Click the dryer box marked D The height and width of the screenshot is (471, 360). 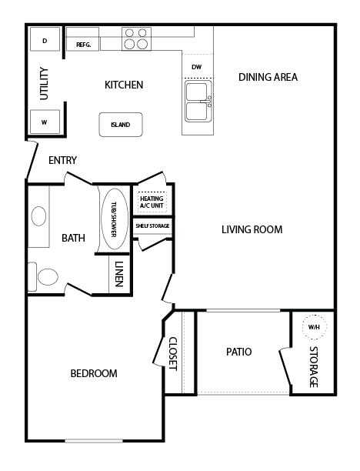tap(45, 39)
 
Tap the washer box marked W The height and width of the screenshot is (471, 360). tap(45, 122)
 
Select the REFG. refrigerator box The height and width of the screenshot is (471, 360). tap(82, 39)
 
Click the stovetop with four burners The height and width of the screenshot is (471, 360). tap(136, 38)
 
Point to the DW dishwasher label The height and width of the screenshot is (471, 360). tap(197, 67)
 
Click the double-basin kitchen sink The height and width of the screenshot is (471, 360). tap(198, 102)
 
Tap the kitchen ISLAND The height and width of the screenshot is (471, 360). tap(121, 125)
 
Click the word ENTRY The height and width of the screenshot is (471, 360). tap(62, 160)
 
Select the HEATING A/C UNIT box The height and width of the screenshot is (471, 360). tap(152, 202)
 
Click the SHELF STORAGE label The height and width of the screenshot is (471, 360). tap(152, 226)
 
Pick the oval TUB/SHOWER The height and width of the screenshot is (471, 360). tap(114, 219)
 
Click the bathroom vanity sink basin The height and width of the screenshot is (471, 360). tap(38, 216)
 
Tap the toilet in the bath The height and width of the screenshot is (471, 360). tap(43, 276)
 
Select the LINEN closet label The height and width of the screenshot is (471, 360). tap(119, 274)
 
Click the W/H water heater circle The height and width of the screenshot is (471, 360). tap(314, 327)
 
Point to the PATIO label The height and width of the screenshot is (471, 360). tap(239, 352)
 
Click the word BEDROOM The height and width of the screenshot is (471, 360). tap(94, 373)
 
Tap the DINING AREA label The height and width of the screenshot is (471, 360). tap(268, 77)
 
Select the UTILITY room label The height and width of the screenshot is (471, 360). tap(44, 84)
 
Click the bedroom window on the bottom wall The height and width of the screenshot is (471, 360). tap(94, 441)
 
